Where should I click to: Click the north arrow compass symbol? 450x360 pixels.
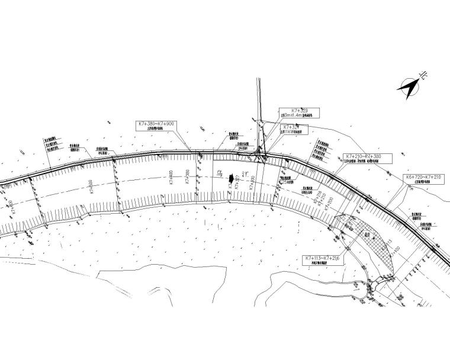point(409,87)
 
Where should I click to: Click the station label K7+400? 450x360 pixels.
point(171,177)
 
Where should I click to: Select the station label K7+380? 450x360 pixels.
point(188,178)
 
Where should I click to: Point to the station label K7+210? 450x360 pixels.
point(320,198)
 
